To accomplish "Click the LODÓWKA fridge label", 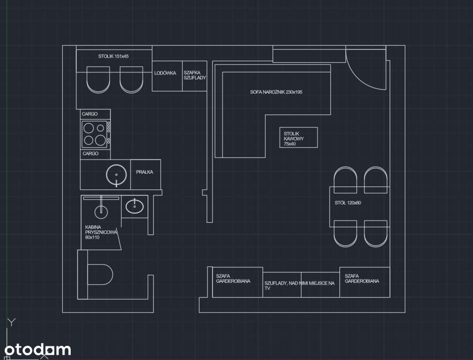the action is click(x=165, y=73).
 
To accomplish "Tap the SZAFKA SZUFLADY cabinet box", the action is click(x=194, y=76).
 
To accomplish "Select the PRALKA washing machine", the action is click(x=145, y=174).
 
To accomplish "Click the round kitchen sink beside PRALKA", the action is click(x=117, y=174).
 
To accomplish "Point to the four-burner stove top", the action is click(x=95, y=134).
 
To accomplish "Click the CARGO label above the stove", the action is click(x=89, y=114).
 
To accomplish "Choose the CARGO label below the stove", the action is click(x=90, y=153).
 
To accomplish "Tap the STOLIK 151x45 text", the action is click(x=113, y=56).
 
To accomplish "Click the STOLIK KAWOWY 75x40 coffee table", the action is click(x=298, y=137).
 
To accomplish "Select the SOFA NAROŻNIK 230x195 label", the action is click(x=276, y=92).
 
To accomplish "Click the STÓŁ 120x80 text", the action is click(x=348, y=202).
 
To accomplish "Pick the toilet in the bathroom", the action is click(x=100, y=275).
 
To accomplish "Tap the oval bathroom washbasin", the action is click(x=134, y=206).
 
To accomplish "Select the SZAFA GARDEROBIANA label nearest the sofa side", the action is click(x=233, y=278).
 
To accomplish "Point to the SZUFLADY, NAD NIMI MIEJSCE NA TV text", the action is click(x=300, y=285).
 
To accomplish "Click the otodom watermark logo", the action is click(x=38, y=350).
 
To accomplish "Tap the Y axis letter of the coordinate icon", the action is click(x=12, y=322).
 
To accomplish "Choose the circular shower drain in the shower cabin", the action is click(x=101, y=212).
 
